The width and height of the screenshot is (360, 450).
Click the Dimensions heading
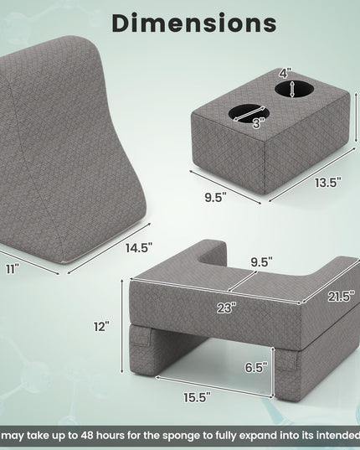click(x=194, y=23)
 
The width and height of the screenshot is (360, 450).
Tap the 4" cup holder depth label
click(x=285, y=73)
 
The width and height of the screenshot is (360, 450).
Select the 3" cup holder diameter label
click(x=258, y=123)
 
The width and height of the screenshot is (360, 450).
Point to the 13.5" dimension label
click(x=328, y=182)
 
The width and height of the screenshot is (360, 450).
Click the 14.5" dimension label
click(x=139, y=248)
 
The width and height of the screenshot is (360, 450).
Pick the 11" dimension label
click(x=13, y=269)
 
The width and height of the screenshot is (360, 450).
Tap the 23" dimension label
click(x=226, y=308)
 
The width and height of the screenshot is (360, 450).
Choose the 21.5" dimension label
click(x=339, y=296)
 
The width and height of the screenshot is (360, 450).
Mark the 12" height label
click(x=102, y=326)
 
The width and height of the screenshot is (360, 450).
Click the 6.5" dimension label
click(x=256, y=367)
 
